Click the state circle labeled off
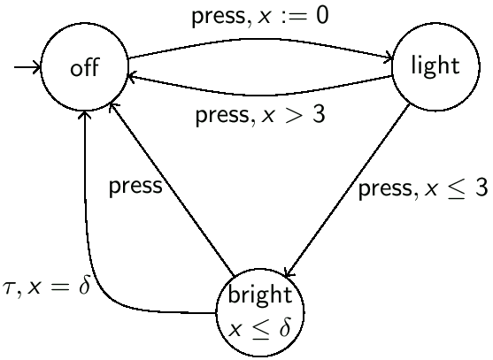pos(85,69)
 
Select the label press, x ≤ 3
pos(423,190)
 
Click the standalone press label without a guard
pos(135,186)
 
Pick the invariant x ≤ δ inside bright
pos(260,327)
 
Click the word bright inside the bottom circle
pos(260,294)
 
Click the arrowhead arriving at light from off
pos(389,60)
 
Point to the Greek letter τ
pos(11,289)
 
